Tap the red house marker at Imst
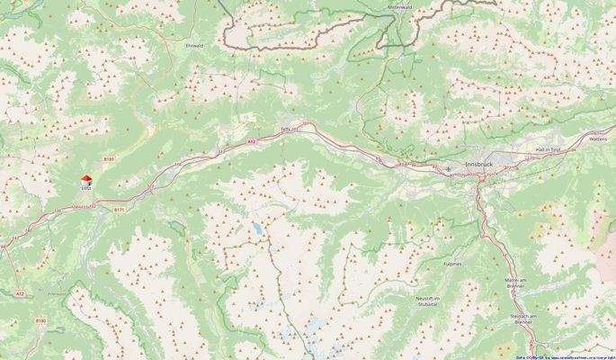[x=86, y=180]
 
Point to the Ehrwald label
[x=194, y=43]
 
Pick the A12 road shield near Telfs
[x=252, y=141]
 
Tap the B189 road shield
[x=109, y=159]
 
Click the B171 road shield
[x=119, y=209]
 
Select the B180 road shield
[x=40, y=319]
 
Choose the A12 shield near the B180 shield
[x=20, y=293]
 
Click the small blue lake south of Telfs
[x=259, y=229]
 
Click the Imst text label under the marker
[x=86, y=189]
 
